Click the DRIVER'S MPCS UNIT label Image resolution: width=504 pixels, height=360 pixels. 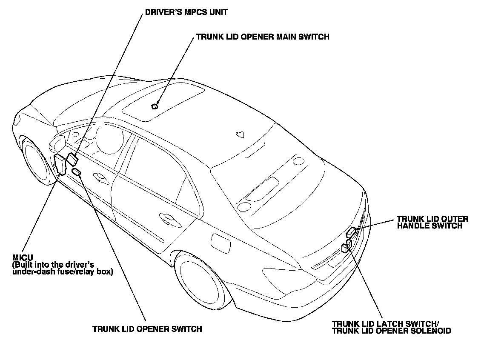(186, 12)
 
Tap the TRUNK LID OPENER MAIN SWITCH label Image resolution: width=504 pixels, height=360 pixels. (262, 37)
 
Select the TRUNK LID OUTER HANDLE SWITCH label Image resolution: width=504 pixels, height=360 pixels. (432, 222)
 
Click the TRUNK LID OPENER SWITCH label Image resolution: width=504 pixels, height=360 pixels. (147, 329)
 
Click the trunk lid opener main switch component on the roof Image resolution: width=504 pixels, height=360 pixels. (155, 106)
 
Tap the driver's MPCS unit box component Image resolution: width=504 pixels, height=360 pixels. (72, 160)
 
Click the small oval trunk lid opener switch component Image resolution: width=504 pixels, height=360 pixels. (77, 171)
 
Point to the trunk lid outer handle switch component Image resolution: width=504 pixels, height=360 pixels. (352, 232)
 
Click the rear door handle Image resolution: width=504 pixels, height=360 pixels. (169, 218)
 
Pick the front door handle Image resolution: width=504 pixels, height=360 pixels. (100, 177)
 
